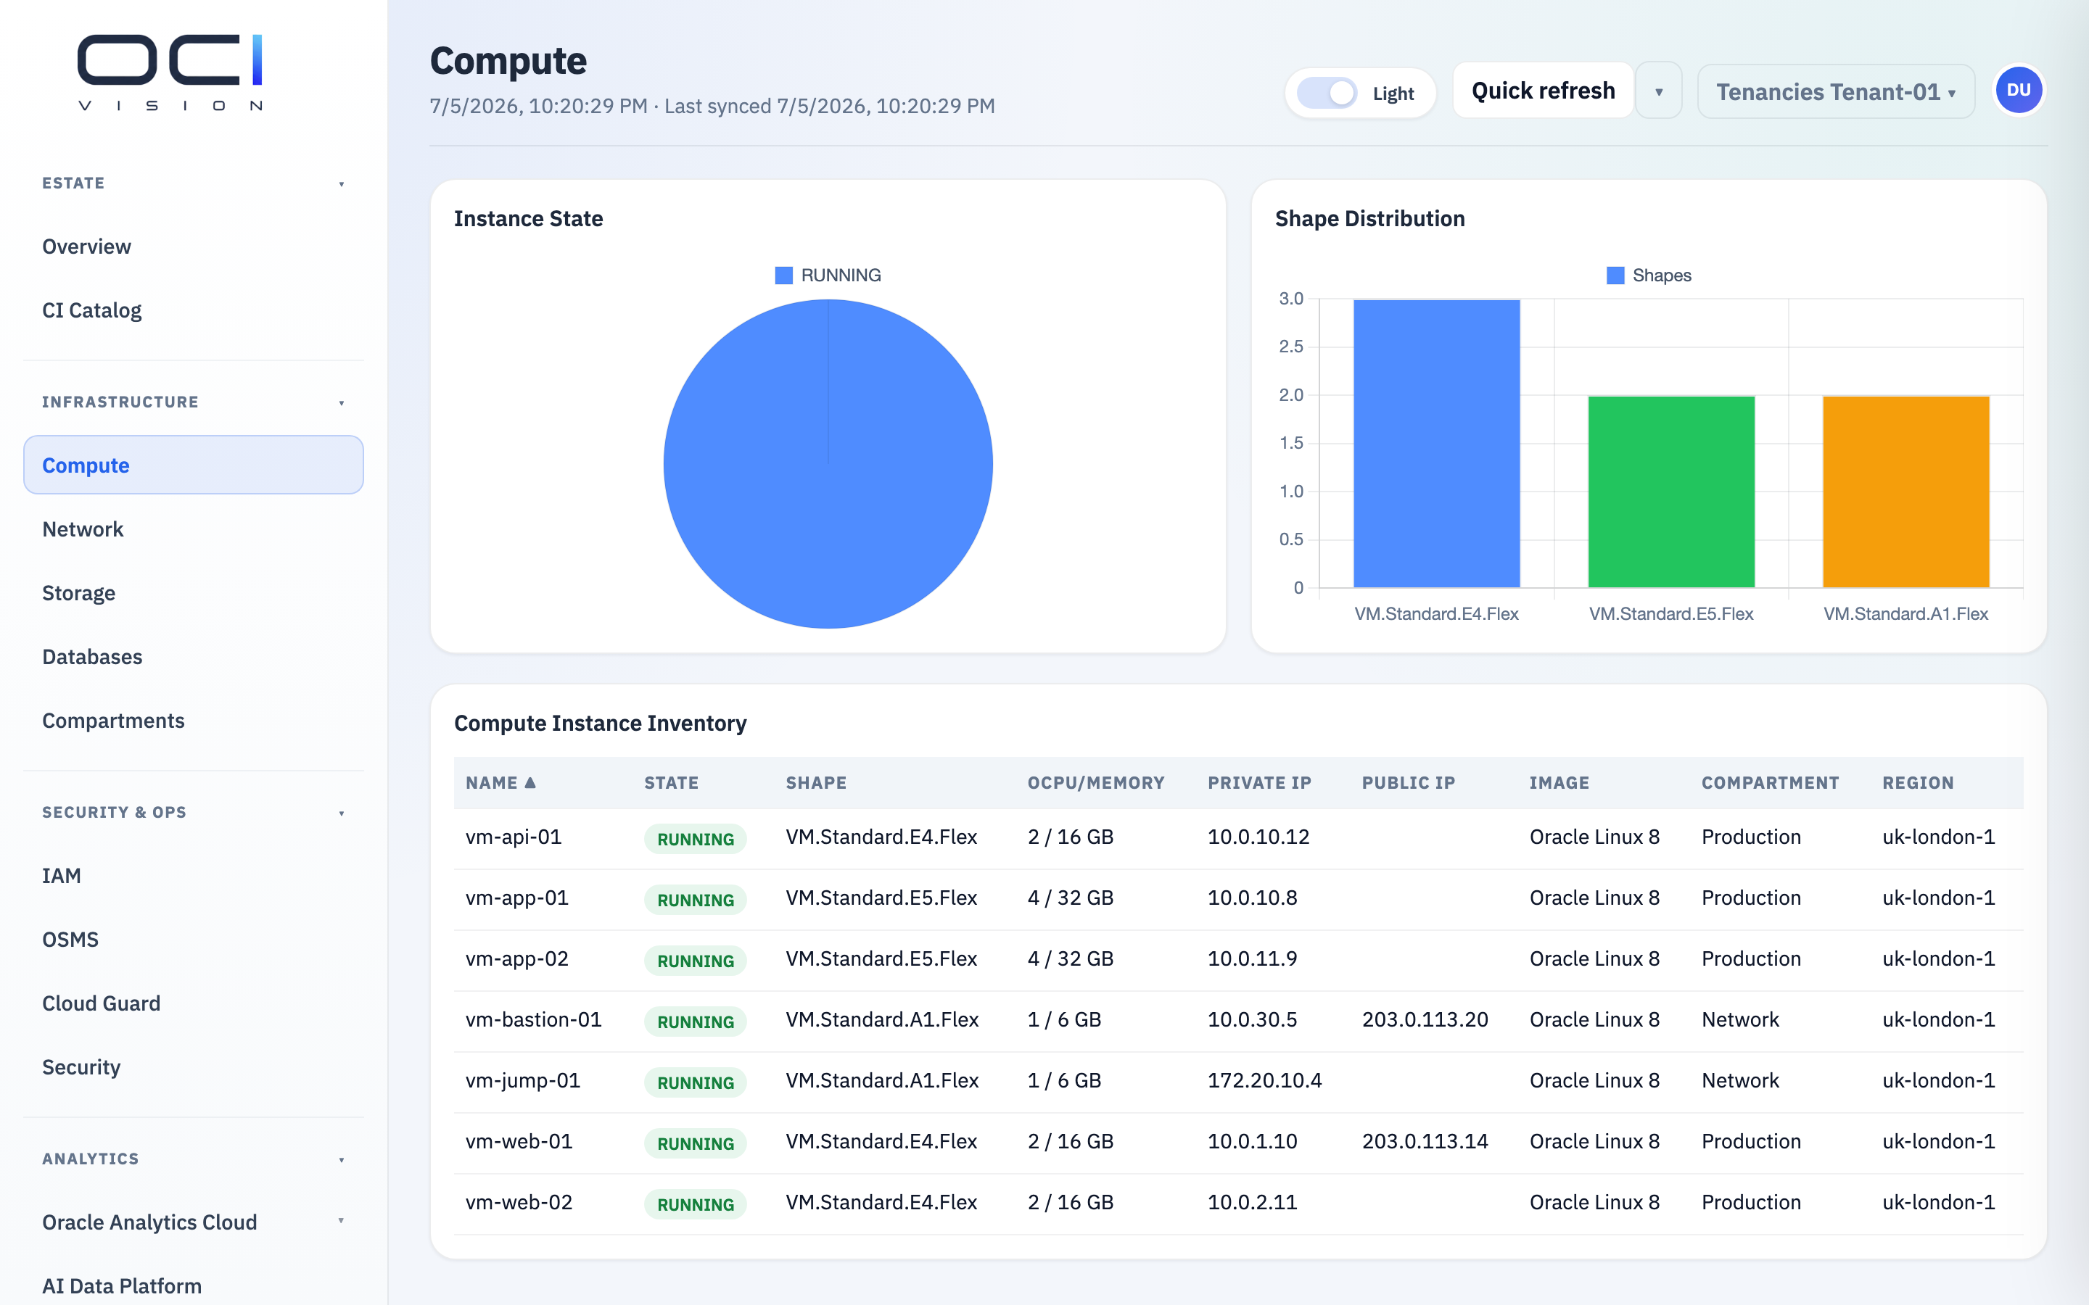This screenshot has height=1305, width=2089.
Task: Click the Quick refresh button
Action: tap(1543, 91)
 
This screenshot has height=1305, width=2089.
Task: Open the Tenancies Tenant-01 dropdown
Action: tap(1835, 91)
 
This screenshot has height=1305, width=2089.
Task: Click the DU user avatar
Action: tap(2018, 91)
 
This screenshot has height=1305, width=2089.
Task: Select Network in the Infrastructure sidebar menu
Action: tap(83, 529)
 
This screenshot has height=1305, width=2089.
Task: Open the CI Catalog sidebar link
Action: tap(91, 310)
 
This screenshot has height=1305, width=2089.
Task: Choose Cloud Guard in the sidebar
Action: tap(101, 1003)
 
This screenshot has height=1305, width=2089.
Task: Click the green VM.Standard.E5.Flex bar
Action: tap(1671, 492)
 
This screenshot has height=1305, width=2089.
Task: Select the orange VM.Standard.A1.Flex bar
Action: tap(1906, 492)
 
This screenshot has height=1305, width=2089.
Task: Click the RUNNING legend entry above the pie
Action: tap(828, 275)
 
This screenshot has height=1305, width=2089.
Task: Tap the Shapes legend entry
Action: tap(1649, 275)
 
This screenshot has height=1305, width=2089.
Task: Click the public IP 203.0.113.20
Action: tap(1425, 1019)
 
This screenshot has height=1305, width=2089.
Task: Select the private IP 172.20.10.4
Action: tap(1264, 1080)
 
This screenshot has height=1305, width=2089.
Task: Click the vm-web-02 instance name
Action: tap(519, 1202)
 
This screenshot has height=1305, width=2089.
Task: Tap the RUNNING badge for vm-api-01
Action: tap(695, 839)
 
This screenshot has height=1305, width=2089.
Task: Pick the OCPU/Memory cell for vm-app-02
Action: tap(1071, 959)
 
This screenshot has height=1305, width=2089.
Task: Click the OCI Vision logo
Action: tap(170, 72)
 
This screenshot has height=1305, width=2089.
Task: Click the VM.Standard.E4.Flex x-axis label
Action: tap(1436, 613)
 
